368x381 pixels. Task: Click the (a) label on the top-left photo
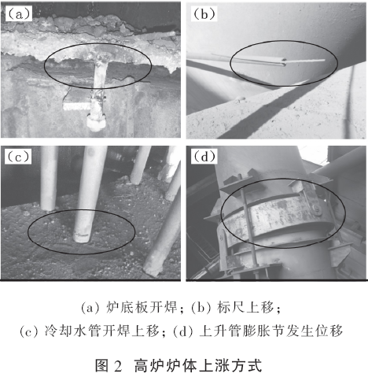pos(19,13)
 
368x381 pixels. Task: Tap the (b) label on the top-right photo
pos(204,14)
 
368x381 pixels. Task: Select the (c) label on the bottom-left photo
pos(18,157)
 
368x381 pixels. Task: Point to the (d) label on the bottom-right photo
pos(204,157)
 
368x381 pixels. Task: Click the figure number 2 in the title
pos(118,366)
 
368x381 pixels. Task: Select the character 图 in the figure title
pos(102,365)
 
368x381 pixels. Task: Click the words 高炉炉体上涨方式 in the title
pos(198,365)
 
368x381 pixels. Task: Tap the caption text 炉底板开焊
pos(142,307)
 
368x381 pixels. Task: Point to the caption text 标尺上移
pos(245,307)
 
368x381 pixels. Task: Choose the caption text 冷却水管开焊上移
pos(102,331)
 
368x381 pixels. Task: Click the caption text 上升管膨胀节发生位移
pos(271,331)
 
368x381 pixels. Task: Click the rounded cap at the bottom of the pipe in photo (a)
pos(96,124)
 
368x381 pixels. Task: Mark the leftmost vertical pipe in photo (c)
pos(50,179)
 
